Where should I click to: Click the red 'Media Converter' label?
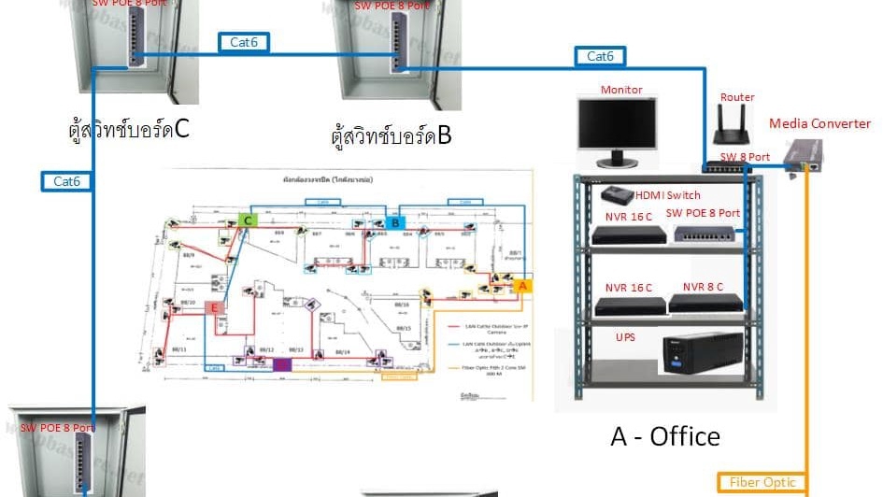(819, 123)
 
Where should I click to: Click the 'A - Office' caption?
(665, 435)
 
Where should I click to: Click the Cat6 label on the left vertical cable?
(67, 180)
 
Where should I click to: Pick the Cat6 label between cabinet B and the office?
(600, 57)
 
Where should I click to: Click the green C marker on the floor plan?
(248, 220)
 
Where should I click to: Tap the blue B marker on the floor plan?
(395, 222)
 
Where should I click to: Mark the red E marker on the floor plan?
(215, 307)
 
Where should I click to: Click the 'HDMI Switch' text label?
(668, 195)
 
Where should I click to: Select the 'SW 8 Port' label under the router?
(745, 157)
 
